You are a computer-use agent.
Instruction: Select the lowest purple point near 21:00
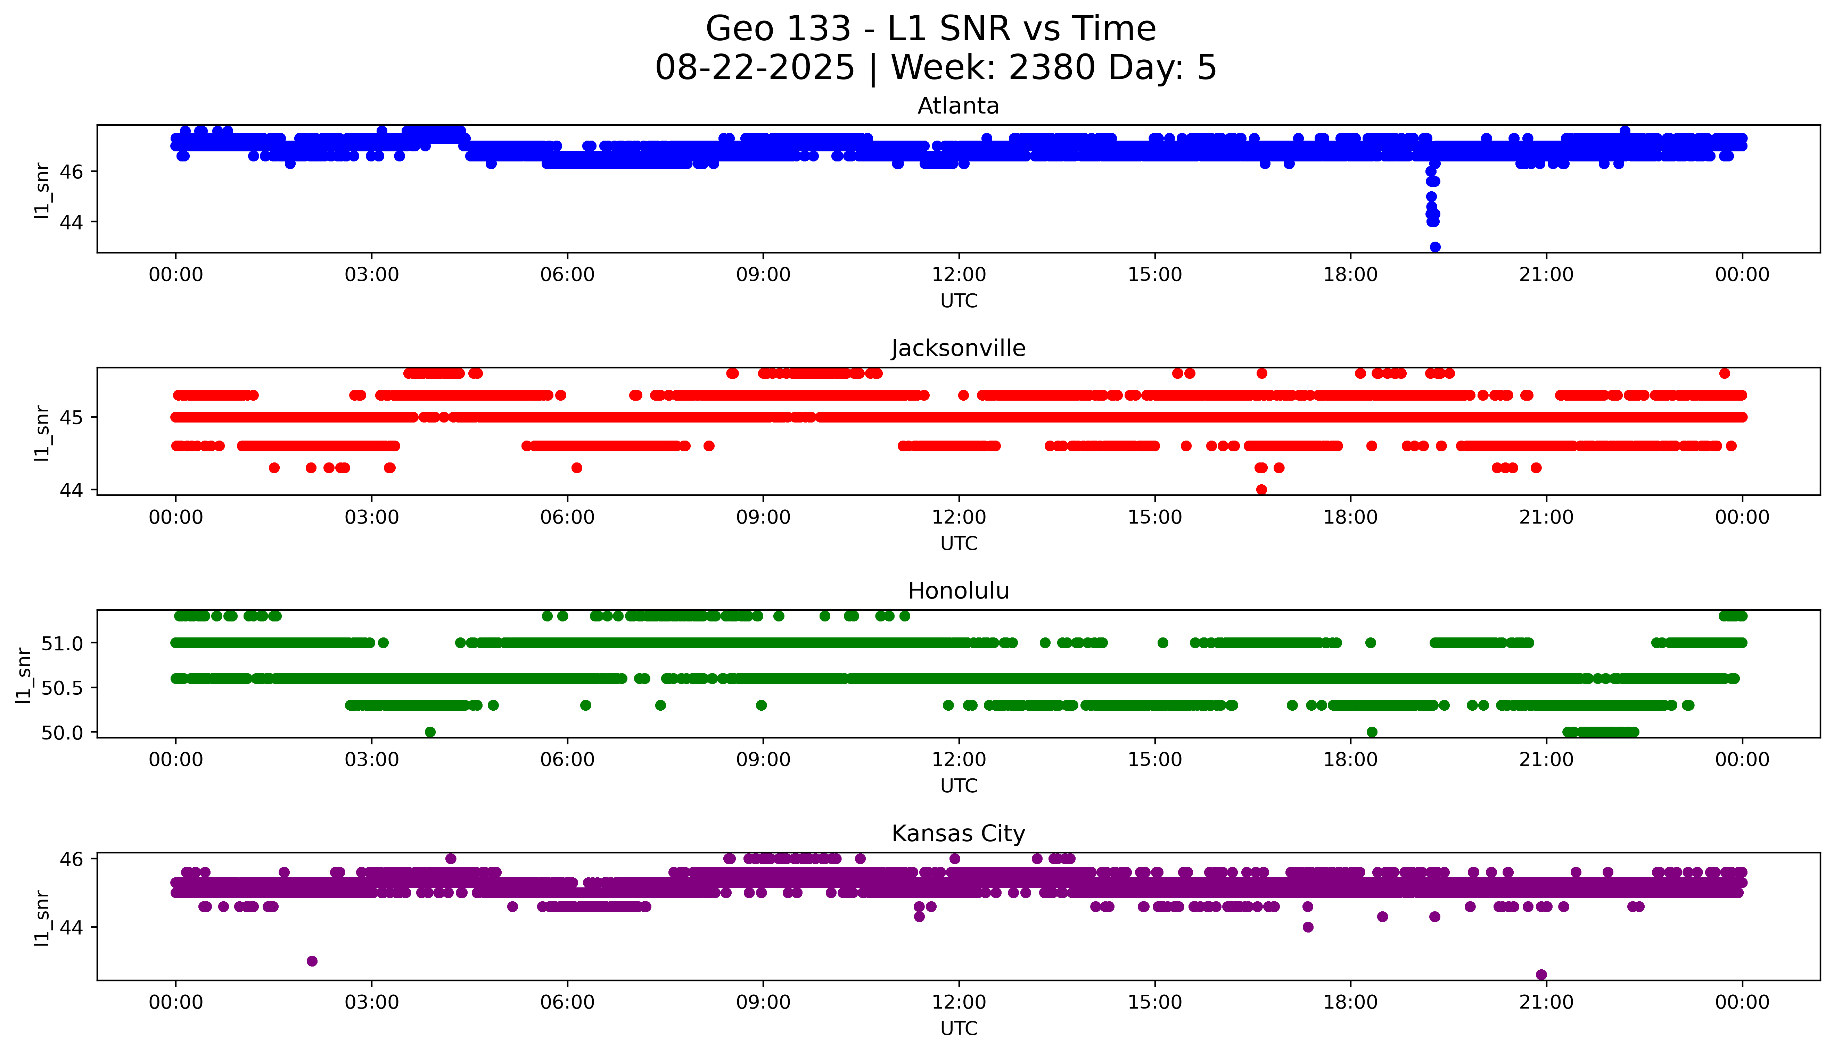(1542, 975)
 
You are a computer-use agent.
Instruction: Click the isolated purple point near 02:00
(312, 961)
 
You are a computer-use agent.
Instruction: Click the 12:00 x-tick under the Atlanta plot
(959, 275)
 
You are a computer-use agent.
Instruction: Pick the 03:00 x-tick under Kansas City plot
(371, 1002)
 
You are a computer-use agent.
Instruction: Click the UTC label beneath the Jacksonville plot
(959, 543)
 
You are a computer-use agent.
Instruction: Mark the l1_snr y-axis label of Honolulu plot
(24, 675)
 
